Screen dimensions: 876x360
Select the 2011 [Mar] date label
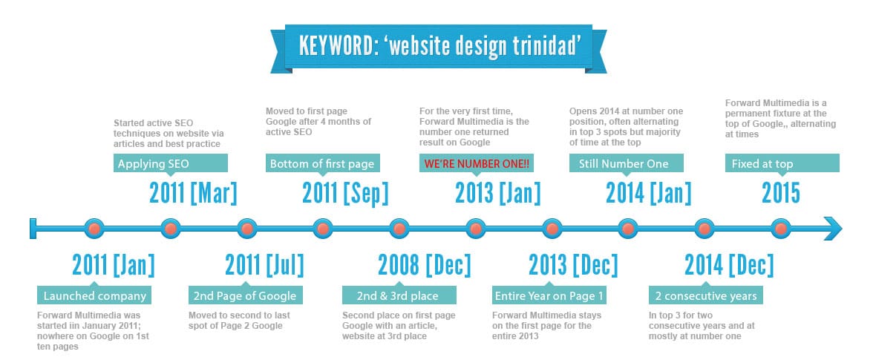pos(193,194)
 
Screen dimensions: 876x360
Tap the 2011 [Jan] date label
pos(114,264)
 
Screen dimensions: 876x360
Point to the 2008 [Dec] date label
pos(425,264)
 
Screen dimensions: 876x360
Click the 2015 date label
pos(781,194)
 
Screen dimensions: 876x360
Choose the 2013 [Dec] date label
pos(574,264)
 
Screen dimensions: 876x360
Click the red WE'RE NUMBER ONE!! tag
pos(477,164)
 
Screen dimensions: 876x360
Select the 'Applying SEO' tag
pos(171,164)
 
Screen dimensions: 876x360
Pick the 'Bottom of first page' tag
pos(323,164)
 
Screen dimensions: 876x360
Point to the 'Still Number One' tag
pos(627,164)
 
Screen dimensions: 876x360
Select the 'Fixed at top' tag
pos(782,164)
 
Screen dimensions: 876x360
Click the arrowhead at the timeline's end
pos(833,229)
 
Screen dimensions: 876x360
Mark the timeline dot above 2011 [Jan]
pos(94,229)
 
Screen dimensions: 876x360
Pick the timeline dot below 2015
pos(780,229)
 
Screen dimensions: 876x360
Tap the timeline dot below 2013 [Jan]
pos(475,229)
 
